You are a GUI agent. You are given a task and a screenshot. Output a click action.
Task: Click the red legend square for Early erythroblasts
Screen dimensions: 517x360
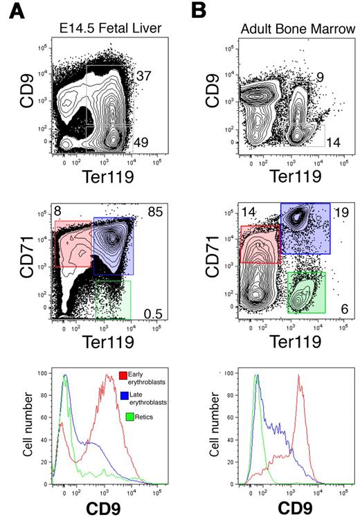point(123,375)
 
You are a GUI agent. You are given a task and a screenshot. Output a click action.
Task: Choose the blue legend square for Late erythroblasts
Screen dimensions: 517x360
point(123,396)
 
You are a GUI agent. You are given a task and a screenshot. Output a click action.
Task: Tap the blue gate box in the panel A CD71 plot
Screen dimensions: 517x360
point(113,246)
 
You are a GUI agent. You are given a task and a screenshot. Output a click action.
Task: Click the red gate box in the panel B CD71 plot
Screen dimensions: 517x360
point(260,244)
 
